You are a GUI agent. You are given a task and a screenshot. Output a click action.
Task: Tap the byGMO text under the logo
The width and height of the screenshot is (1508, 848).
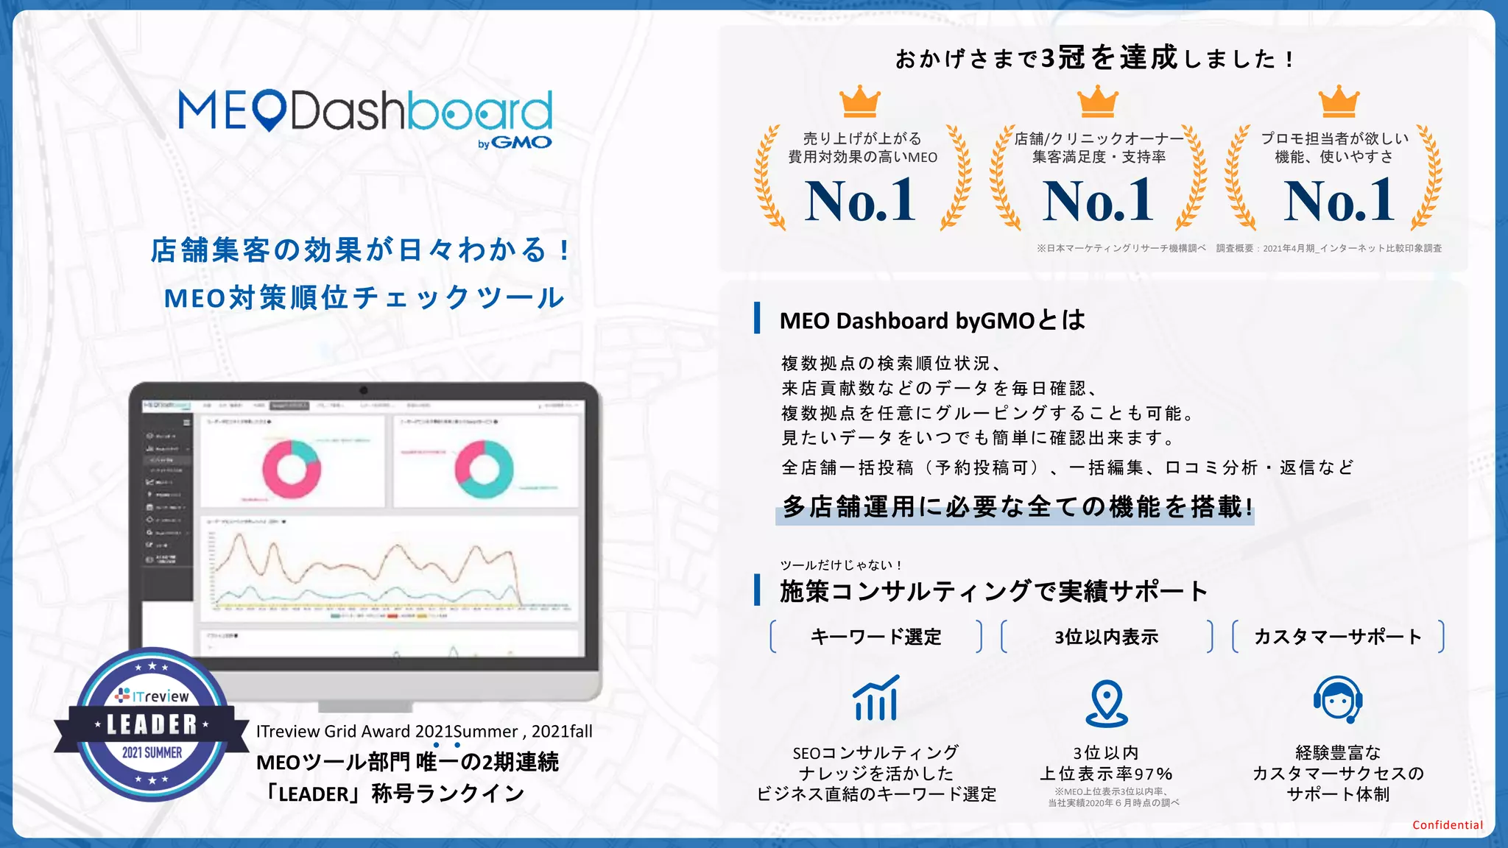click(x=515, y=143)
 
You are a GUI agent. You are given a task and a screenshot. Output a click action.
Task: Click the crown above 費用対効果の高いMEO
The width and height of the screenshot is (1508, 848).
click(x=860, y=102)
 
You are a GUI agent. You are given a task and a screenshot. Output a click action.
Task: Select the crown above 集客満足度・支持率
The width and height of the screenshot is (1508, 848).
click(x=1098, y=102)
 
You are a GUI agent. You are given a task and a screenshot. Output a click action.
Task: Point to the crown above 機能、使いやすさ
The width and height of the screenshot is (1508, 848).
click(x=1339, y=102)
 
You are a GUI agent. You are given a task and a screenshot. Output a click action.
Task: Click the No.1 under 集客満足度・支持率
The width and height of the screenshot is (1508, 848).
click(x=1098, y=200)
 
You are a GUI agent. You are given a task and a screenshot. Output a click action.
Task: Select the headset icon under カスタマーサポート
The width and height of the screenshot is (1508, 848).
click(x=1338, y=700)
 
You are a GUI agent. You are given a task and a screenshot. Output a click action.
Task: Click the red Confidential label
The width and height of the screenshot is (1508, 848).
click(x=1447, y=825)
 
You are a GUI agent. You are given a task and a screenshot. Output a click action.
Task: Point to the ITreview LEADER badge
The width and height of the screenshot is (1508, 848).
click(x=152, y=724)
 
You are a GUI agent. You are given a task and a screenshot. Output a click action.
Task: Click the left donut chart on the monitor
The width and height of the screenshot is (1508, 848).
click(x=292, y=469)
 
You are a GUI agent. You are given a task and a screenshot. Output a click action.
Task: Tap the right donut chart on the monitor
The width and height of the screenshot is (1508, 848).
click(x=484, y=469)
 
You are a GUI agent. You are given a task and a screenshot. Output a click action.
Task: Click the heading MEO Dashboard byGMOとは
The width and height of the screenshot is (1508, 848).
click(x=932, y=321)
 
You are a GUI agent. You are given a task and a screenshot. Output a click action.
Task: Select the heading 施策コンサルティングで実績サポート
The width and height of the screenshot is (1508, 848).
click(x=993, y=591)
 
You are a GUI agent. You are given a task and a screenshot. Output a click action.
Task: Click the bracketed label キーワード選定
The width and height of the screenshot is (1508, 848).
click(x=875, y=637)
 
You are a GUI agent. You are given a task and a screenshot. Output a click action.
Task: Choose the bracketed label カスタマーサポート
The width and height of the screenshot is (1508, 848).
click(x=1338, y=637)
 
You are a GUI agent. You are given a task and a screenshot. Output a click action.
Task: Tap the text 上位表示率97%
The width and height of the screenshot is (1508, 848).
click(x=1106, y=774)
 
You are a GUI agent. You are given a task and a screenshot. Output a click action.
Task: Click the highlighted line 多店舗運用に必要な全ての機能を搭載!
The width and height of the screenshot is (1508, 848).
click(x=1016, y=507)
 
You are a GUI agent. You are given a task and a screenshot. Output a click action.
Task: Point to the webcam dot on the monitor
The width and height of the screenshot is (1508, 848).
click(x=364, y=390)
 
